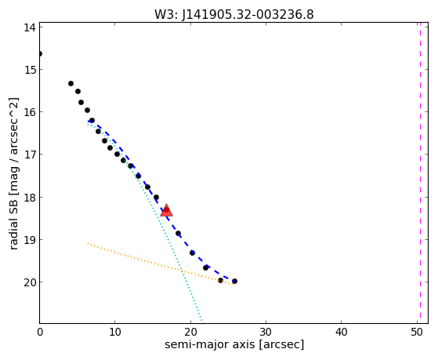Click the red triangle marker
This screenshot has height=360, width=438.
166,210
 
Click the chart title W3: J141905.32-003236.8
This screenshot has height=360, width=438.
234,15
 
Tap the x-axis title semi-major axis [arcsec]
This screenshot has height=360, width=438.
234,344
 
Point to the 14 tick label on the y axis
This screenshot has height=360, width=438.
30,27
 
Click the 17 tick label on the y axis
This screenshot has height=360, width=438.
30,155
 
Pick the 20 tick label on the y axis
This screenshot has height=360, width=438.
30,282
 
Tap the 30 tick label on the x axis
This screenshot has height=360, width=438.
266,332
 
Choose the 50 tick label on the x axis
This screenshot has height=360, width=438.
417,332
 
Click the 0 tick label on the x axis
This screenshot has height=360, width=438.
40,332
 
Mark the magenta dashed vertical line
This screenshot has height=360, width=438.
420,173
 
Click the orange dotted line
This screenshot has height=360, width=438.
161,264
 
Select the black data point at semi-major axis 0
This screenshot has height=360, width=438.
40,53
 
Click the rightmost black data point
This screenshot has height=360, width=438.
234,281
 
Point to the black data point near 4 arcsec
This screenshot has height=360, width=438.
71,84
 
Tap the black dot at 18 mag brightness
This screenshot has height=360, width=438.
156,197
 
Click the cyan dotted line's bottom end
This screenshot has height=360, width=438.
201,322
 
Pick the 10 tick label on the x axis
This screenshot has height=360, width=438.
115,332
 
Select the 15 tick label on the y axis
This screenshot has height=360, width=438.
30,70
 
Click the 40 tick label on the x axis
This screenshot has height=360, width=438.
341,332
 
